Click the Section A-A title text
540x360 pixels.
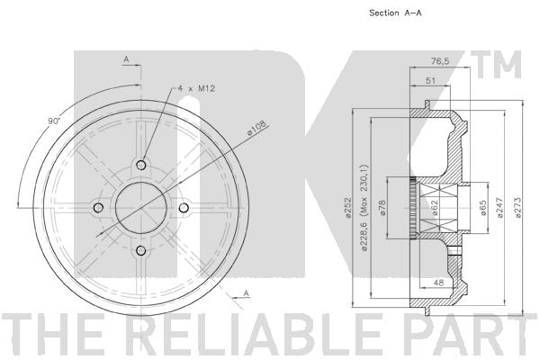click(395, 13)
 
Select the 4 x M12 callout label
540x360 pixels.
click(196, 88)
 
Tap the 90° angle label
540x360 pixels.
click(54, 121)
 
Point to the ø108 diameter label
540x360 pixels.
click(257, 130)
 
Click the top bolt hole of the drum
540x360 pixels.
click(141, 165)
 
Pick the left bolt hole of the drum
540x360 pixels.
click(98, 208)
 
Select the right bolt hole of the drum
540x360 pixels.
click(184, 208)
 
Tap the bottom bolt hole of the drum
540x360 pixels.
click(141, 250)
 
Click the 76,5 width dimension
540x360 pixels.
click(440, 61)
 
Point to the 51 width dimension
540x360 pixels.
click(430, 81)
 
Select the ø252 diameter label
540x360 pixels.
click(347, 207)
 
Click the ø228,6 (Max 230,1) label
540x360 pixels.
click(365, 207)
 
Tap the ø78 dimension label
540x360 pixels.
click(383, 208)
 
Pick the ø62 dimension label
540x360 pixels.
click(435, 208)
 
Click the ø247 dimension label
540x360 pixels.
click(500, 207)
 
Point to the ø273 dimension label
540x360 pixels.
click(518, 207)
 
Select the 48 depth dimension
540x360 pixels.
click(438, 283)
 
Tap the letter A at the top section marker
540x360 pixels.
click(126, 59)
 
